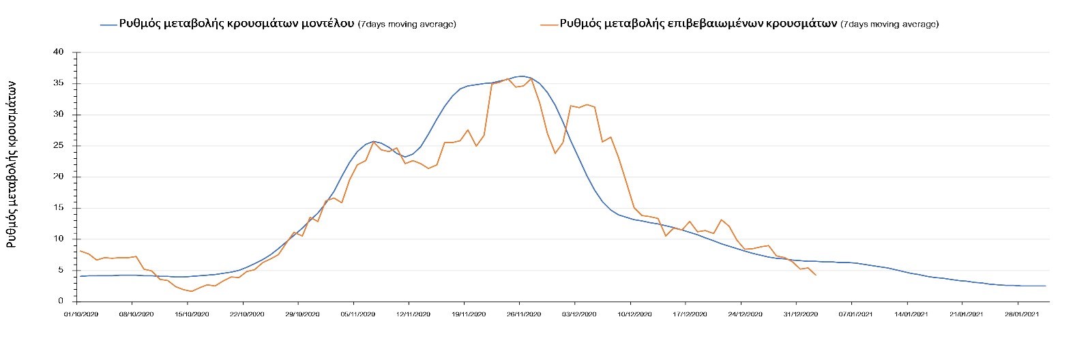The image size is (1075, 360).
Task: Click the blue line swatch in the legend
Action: (x=108, y=24)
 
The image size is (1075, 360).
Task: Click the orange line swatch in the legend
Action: (x=549, y=24)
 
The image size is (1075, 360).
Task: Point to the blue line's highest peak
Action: (x=521, y=76)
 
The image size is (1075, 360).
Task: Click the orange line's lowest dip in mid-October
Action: (x=192, y=291)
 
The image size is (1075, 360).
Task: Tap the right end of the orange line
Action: (x=816, y=275)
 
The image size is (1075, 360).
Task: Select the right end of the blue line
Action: (x=1045, y=286)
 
